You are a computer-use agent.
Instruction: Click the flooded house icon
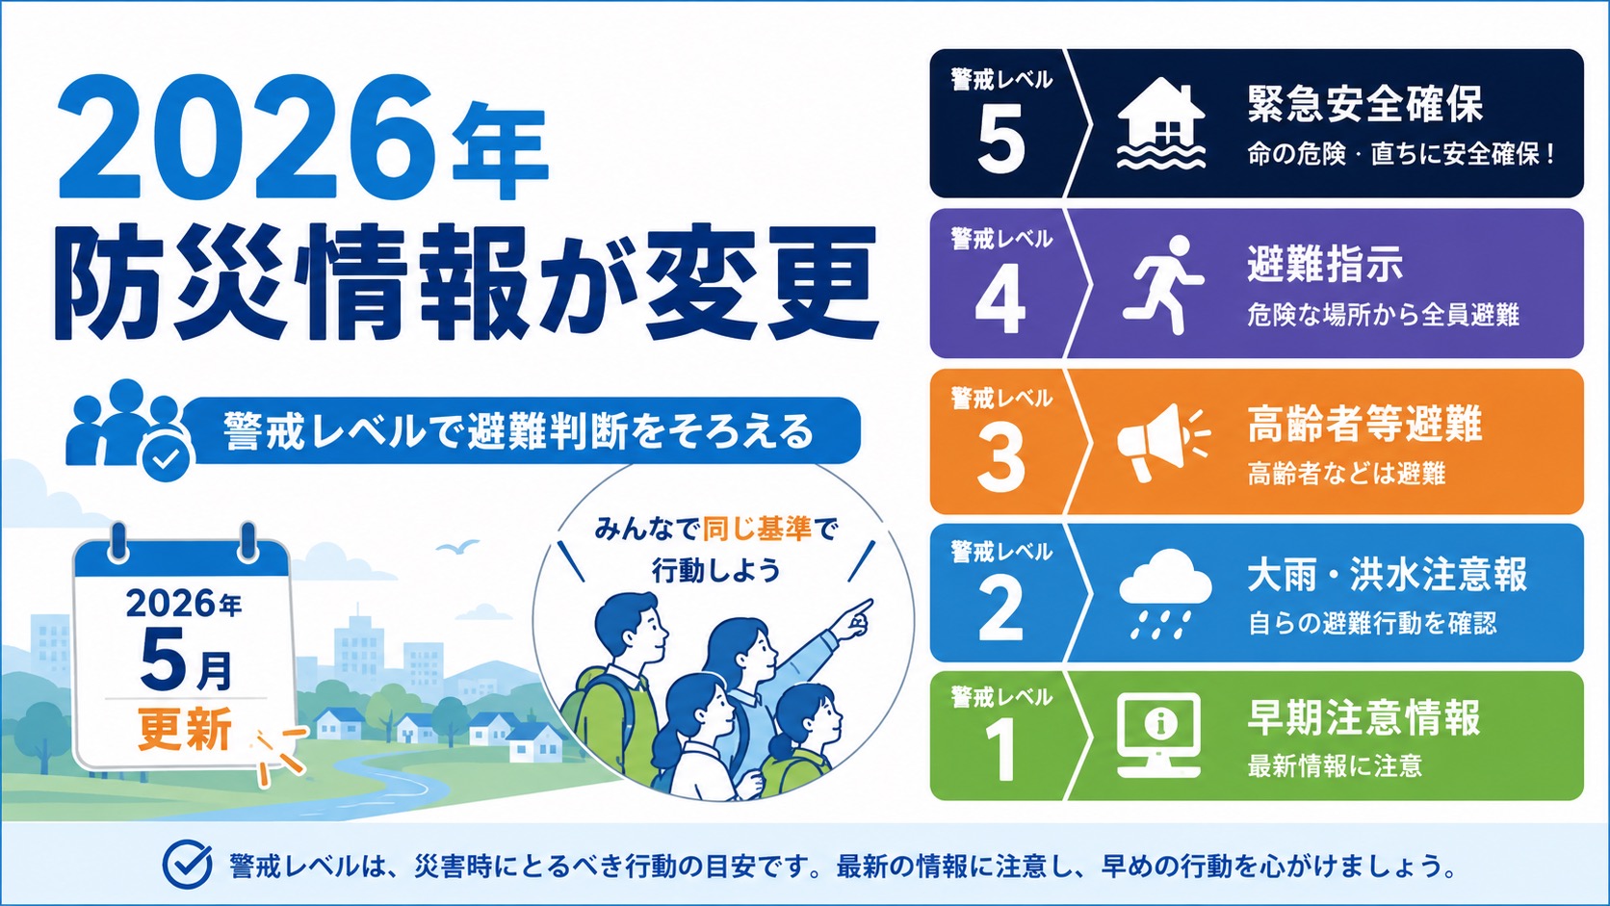[1161, 123]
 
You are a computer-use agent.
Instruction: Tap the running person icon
[1162, 284]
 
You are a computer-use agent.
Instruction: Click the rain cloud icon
[1165, 593]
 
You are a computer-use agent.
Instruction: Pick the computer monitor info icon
[1158, 735]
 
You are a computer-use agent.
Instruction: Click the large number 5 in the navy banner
[1001, 138]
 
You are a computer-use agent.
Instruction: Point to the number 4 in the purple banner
[1000, 298]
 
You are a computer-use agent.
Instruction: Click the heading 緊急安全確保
[1364, 104]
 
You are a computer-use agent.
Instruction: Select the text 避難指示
[1325, 263]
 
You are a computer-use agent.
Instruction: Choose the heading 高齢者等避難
[1364, 424]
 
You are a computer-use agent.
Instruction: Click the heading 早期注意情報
[1363, 717]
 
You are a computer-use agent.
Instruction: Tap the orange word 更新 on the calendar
[186, 729]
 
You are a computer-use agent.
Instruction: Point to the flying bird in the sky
[456, 546]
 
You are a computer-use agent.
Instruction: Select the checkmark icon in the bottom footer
[187, 865]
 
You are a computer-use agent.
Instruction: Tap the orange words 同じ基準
[757, 530]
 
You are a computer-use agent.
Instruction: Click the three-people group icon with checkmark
[129, 429]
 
